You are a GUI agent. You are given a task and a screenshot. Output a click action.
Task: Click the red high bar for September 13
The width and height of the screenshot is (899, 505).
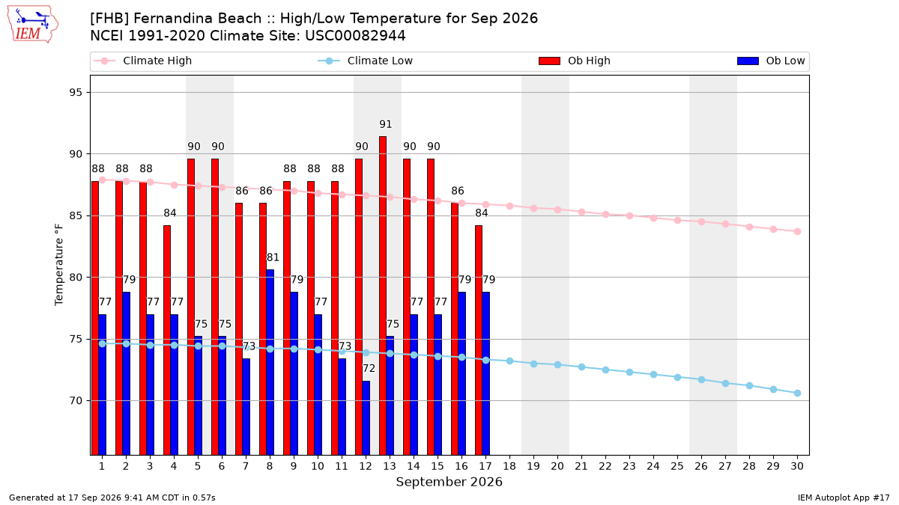pyautogui.click(x=383, y=296)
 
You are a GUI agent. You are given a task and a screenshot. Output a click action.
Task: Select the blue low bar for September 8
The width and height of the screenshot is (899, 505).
pyautogui.click(x=270, y=362)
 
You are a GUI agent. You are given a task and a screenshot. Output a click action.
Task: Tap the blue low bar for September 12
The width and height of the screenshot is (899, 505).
pyautogui.click(x=366, y=418)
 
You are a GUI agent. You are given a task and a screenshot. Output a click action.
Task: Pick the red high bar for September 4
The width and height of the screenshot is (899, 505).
pyautogui.click(x=167, y=340)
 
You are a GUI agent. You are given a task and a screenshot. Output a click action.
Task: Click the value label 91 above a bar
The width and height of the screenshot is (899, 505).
pyautogui.click(x=385, y=124)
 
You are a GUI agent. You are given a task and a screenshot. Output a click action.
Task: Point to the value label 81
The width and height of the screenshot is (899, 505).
pyautogui.click(x=273, y=257)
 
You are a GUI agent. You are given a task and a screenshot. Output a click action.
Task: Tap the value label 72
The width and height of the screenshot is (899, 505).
pyautogui.click(x=369, y=368)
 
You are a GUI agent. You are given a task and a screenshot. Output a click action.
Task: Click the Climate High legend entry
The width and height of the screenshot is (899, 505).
pyautogui.click(x=143, y=61)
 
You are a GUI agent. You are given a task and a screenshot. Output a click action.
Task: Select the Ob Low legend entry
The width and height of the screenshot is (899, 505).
pyautogui.click(x=771, y=61)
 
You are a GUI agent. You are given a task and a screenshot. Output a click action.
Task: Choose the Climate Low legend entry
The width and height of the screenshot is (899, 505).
pyautogui.click(x=366, y=61)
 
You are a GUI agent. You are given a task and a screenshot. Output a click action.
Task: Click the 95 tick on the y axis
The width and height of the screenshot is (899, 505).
pyautogui.click(x=76, y=93)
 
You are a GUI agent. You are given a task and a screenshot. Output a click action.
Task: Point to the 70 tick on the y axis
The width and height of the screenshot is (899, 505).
pyautogui.click(x=76, y=401)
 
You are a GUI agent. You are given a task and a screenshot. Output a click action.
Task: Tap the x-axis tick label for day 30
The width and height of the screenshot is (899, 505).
pyautogui.click(x=797, y=466)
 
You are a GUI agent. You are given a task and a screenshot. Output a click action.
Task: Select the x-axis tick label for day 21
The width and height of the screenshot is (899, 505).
pyautogui.click(x=581, y=466)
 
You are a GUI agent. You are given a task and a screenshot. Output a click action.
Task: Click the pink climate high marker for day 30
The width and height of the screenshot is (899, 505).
pyautogui.click(x=797, y=232)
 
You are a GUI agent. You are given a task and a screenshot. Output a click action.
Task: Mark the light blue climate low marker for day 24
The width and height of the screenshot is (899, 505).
pyautogui.click(x=653, y=375)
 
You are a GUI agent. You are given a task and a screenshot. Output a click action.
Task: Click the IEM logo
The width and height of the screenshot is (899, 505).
pyautogui.click(x=33, y=25)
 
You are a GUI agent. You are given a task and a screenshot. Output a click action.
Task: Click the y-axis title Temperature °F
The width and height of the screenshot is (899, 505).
pyautogui.click(x=59, y=265)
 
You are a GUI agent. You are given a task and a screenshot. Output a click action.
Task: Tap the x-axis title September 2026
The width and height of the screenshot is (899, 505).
pyautogui.click(x=449, y=482)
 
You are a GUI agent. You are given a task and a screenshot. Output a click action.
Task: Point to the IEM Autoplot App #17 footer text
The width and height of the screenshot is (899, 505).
pyautogui.click(x=844, y=498)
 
